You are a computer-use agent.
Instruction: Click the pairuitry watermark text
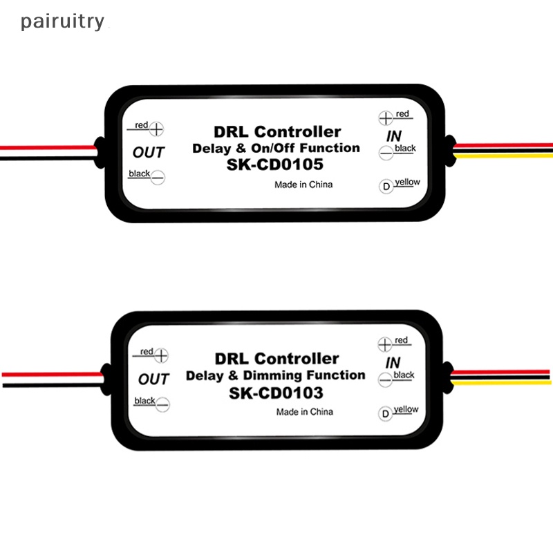point(62,22)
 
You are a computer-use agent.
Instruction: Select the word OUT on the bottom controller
point(153,379)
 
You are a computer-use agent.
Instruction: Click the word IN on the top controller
point(393,137)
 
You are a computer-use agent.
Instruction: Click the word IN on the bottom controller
point(393,363)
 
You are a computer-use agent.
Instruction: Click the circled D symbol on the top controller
point(385,186)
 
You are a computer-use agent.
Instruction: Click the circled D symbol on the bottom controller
point(385,414)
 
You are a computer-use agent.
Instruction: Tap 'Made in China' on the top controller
point(303,185)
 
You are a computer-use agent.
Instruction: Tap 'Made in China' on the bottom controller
point(304,412)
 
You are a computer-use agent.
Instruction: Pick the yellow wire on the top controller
point(505,156)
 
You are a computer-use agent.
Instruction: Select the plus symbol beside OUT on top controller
point(158,129)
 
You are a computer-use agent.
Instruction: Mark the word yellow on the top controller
point(408,182)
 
